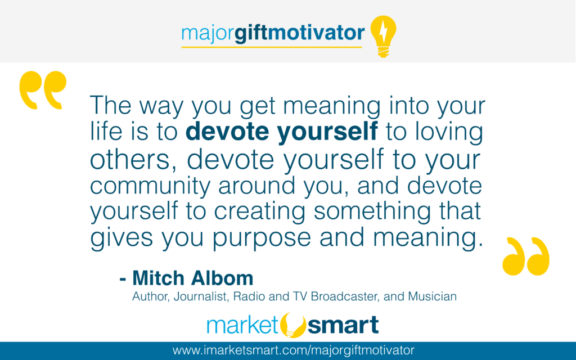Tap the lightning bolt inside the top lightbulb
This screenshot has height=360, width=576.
[x=383, y=31]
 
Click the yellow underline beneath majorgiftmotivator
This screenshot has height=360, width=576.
[x=272, y=47]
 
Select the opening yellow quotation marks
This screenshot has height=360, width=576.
[x=43, y=90]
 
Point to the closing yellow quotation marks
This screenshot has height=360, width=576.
[x=526, y=256]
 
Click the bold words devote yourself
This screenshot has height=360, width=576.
[x=281, y=131]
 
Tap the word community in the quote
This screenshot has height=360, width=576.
[x=150, y=186]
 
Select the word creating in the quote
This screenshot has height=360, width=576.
[x=259, y=212]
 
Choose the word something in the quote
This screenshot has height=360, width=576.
[x=372, y=212]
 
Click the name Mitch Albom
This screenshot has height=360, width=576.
[x=192, y=278]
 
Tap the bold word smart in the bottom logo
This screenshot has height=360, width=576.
[x=343, y=325]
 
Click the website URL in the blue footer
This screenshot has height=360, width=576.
[x=293, y=350]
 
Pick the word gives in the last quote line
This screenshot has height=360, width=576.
[x=121, y=238]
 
